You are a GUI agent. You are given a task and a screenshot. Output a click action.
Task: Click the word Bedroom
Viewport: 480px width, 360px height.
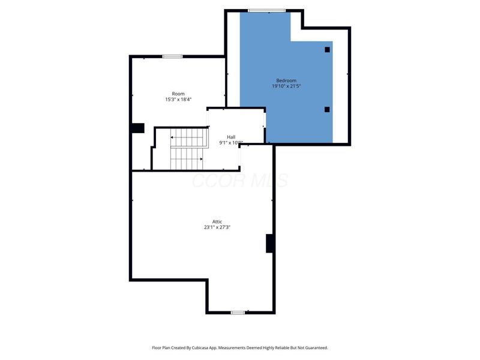(286, 80)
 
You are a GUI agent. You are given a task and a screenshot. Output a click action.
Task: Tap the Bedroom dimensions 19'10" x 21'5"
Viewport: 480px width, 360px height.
(286, 86)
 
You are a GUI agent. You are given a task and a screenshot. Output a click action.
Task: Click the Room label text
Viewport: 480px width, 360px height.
(178, 94)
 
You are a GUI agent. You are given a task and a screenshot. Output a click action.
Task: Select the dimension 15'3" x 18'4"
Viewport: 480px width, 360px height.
(178, 100)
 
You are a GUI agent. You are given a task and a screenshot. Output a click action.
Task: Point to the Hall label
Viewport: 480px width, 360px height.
(231, 137)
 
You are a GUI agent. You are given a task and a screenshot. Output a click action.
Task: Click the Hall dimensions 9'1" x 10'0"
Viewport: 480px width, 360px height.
(231, 143)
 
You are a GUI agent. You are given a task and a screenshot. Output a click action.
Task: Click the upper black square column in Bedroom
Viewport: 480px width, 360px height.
(327, 50)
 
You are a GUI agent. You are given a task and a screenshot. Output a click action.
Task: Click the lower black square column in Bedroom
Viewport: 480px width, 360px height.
(327, 109)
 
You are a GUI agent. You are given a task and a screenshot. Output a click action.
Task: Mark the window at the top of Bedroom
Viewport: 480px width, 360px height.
(267, 10)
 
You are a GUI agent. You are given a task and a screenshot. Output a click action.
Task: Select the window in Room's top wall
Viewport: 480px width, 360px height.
(172, 56)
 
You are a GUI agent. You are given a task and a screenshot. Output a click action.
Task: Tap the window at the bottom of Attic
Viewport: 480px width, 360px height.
(238, 313)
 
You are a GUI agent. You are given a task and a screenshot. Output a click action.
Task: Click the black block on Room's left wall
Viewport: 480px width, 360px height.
(138, 128)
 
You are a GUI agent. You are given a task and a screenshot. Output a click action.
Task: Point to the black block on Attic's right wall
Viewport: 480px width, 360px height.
(271, 243)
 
